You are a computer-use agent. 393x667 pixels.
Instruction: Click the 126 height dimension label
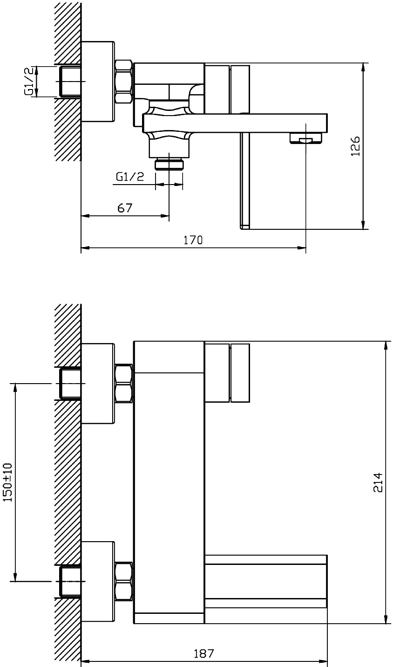coord(355,146)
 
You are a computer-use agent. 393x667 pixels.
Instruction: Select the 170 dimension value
coord(193,240)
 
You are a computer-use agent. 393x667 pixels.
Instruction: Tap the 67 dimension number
coord(125,208)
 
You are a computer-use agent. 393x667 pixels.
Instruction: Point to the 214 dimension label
coord(378,482)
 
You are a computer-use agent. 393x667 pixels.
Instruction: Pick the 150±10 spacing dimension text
coord(8,482)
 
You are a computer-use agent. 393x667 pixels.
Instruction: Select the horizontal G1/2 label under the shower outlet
coord(130,177)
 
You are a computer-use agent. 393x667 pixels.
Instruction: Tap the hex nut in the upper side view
coord(123,82)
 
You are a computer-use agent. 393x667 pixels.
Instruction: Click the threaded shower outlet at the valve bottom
coord(169,165)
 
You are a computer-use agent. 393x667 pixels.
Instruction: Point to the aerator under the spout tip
coord(306,138)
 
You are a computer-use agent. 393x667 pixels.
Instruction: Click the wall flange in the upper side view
coord(98,82)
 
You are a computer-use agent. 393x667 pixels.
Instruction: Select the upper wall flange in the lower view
coord(98,383)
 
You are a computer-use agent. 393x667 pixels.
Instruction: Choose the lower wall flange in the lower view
coord(98,582)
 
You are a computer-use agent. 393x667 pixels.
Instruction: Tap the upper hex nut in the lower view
coord(123,384)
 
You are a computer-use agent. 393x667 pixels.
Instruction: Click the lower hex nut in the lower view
coord(123,582)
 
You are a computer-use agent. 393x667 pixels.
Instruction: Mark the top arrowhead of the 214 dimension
coord(386,345)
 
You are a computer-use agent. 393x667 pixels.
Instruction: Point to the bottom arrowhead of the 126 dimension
coord(363,225)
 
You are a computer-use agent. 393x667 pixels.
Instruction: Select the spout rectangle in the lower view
coord(266,581)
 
